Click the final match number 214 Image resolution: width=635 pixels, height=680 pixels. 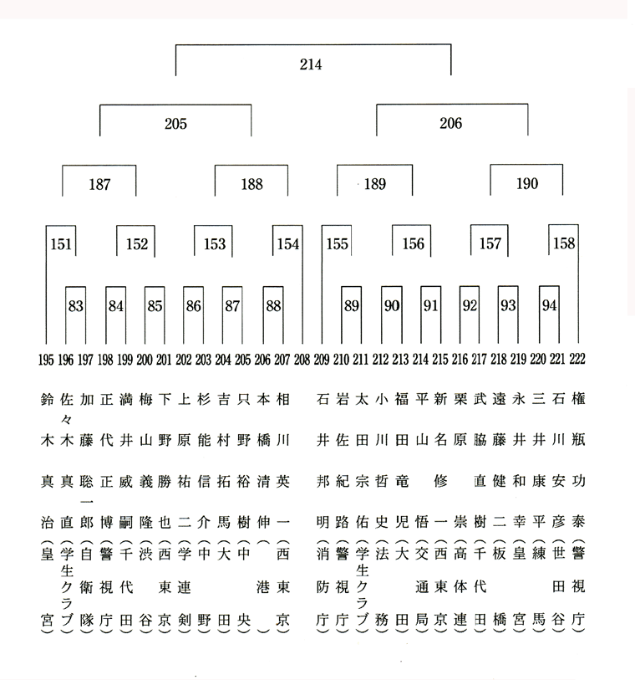[x=311, y=64]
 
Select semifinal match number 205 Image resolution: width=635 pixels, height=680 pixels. [x=175, y=124]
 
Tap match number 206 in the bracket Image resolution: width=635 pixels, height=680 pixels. [x=451, y=124]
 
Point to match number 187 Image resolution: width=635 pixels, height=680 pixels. [x=99, y=184]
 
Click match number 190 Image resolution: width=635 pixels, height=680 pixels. [x=527, y=183]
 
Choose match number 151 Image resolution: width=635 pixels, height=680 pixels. [x=61, y=244]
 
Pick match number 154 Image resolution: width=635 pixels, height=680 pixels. [x=288, y=243]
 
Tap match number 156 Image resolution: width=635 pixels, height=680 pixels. [x=414, y=243]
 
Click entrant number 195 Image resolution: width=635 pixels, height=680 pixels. [x=46, y=360]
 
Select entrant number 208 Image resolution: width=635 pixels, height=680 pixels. [x=302, y=360]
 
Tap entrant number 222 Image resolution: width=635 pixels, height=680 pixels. [x=577, y=359]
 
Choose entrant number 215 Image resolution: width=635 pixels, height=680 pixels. [x=439, y=359]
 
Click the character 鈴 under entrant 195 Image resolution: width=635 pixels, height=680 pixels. [x=47, y=399]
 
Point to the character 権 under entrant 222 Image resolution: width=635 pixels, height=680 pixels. [x=578, y=398]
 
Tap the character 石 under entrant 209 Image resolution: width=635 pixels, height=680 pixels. [x=323, y=399]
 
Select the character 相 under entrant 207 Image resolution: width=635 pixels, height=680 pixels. [x=283, y=399]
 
